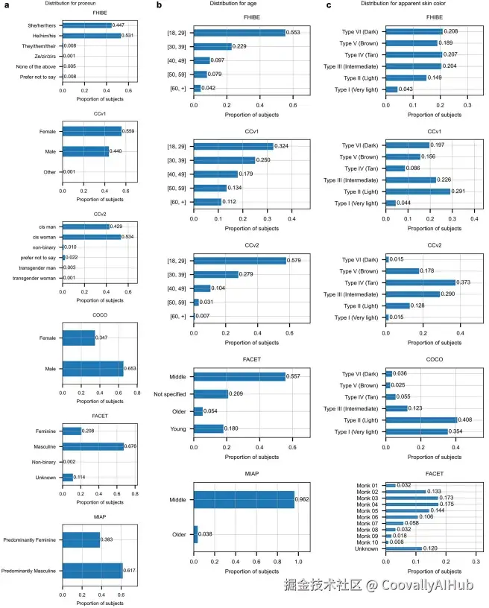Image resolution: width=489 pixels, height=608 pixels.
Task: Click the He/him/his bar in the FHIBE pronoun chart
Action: tap(92, 36)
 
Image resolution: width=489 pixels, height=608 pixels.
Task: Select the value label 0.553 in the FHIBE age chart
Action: tap(293, 33)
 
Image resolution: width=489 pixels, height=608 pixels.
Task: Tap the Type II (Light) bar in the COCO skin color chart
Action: tap(421, 420)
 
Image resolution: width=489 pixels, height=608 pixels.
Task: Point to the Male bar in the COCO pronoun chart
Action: tap(93, 369)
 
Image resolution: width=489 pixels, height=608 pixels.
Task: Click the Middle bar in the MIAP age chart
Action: tap(244, 499)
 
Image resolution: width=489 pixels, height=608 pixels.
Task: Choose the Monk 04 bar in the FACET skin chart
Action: tap(411, 504)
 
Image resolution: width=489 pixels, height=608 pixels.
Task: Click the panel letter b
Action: tap(159, 5)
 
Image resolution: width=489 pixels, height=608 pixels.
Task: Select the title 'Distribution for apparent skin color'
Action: tap(403, 4)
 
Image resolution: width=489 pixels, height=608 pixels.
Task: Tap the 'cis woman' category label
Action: tap(44, 237)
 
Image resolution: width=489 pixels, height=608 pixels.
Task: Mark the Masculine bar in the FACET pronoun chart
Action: tap(93, 447)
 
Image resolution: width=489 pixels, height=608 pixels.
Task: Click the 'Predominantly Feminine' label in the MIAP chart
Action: tap(30, 539)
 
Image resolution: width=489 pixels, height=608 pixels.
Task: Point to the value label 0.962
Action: tap(302, 499)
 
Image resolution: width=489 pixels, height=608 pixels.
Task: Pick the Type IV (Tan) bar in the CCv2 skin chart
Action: tap(420, 282)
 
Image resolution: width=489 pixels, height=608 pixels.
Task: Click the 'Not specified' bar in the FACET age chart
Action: tap(211, 394)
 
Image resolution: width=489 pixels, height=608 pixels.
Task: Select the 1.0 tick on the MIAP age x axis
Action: tap(298, 562)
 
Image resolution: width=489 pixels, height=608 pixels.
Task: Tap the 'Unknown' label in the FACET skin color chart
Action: tap(366, 548)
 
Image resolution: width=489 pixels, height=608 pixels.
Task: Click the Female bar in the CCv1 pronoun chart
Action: tap(92, 131)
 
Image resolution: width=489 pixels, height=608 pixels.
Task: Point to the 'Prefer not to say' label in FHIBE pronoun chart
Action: tap(38, 77)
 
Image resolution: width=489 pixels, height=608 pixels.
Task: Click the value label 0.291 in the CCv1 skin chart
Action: tap(458, 191)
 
